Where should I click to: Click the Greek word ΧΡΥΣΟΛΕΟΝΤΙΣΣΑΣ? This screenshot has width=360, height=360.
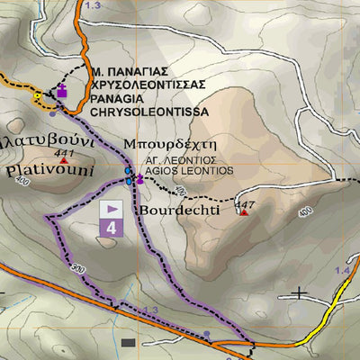[x=148, y=85]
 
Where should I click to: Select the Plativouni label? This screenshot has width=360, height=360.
[x=36, y=167]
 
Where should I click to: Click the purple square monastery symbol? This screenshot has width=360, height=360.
[x=62, y=91]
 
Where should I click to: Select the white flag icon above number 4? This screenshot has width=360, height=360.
[x=112, y=209]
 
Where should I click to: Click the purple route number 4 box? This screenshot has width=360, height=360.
[x=112, y=228]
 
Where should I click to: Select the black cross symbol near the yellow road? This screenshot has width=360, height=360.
[x=300, y=292]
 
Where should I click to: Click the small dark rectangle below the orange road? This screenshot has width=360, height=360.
[x=128, y=343]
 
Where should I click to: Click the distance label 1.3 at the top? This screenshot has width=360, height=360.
[x=93, y=5]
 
